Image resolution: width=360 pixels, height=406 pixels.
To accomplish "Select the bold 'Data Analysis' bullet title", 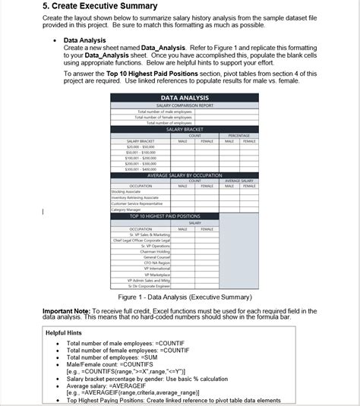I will (x=85, y=40).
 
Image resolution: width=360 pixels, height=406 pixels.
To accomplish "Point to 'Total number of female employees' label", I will (x=163, y=117).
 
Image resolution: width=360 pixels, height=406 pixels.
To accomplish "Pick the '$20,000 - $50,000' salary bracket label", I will (x=141, y=146).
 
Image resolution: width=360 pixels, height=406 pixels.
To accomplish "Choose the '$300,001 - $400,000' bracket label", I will (x=141, y=169).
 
